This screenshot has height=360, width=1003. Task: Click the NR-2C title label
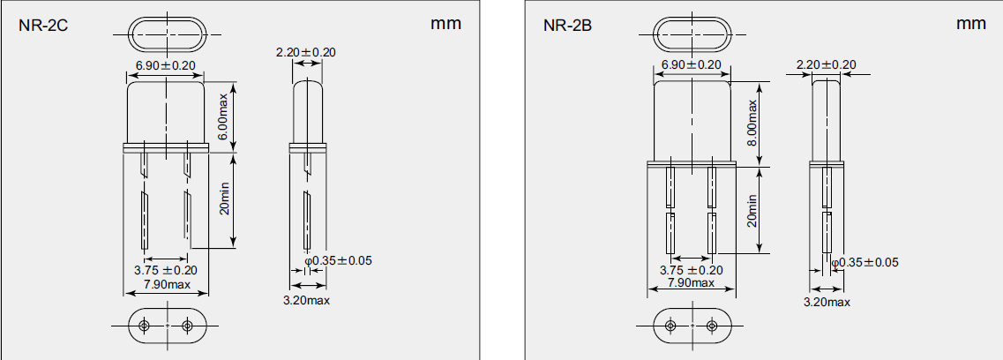44,25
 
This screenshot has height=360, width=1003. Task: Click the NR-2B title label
567,25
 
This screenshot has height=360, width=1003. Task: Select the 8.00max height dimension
752,124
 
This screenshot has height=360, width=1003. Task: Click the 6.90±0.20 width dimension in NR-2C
166,66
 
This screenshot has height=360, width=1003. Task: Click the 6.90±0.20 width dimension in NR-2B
691,65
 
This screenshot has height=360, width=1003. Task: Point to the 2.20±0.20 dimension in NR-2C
306,52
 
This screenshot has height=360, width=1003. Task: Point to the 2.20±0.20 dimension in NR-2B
826,64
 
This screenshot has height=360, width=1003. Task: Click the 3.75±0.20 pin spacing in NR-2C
165,270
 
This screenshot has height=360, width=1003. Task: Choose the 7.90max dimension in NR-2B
691,282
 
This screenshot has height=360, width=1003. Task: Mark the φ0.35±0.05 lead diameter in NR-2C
341,261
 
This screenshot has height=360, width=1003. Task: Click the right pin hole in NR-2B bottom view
712,326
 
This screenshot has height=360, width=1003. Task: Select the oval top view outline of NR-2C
166,34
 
